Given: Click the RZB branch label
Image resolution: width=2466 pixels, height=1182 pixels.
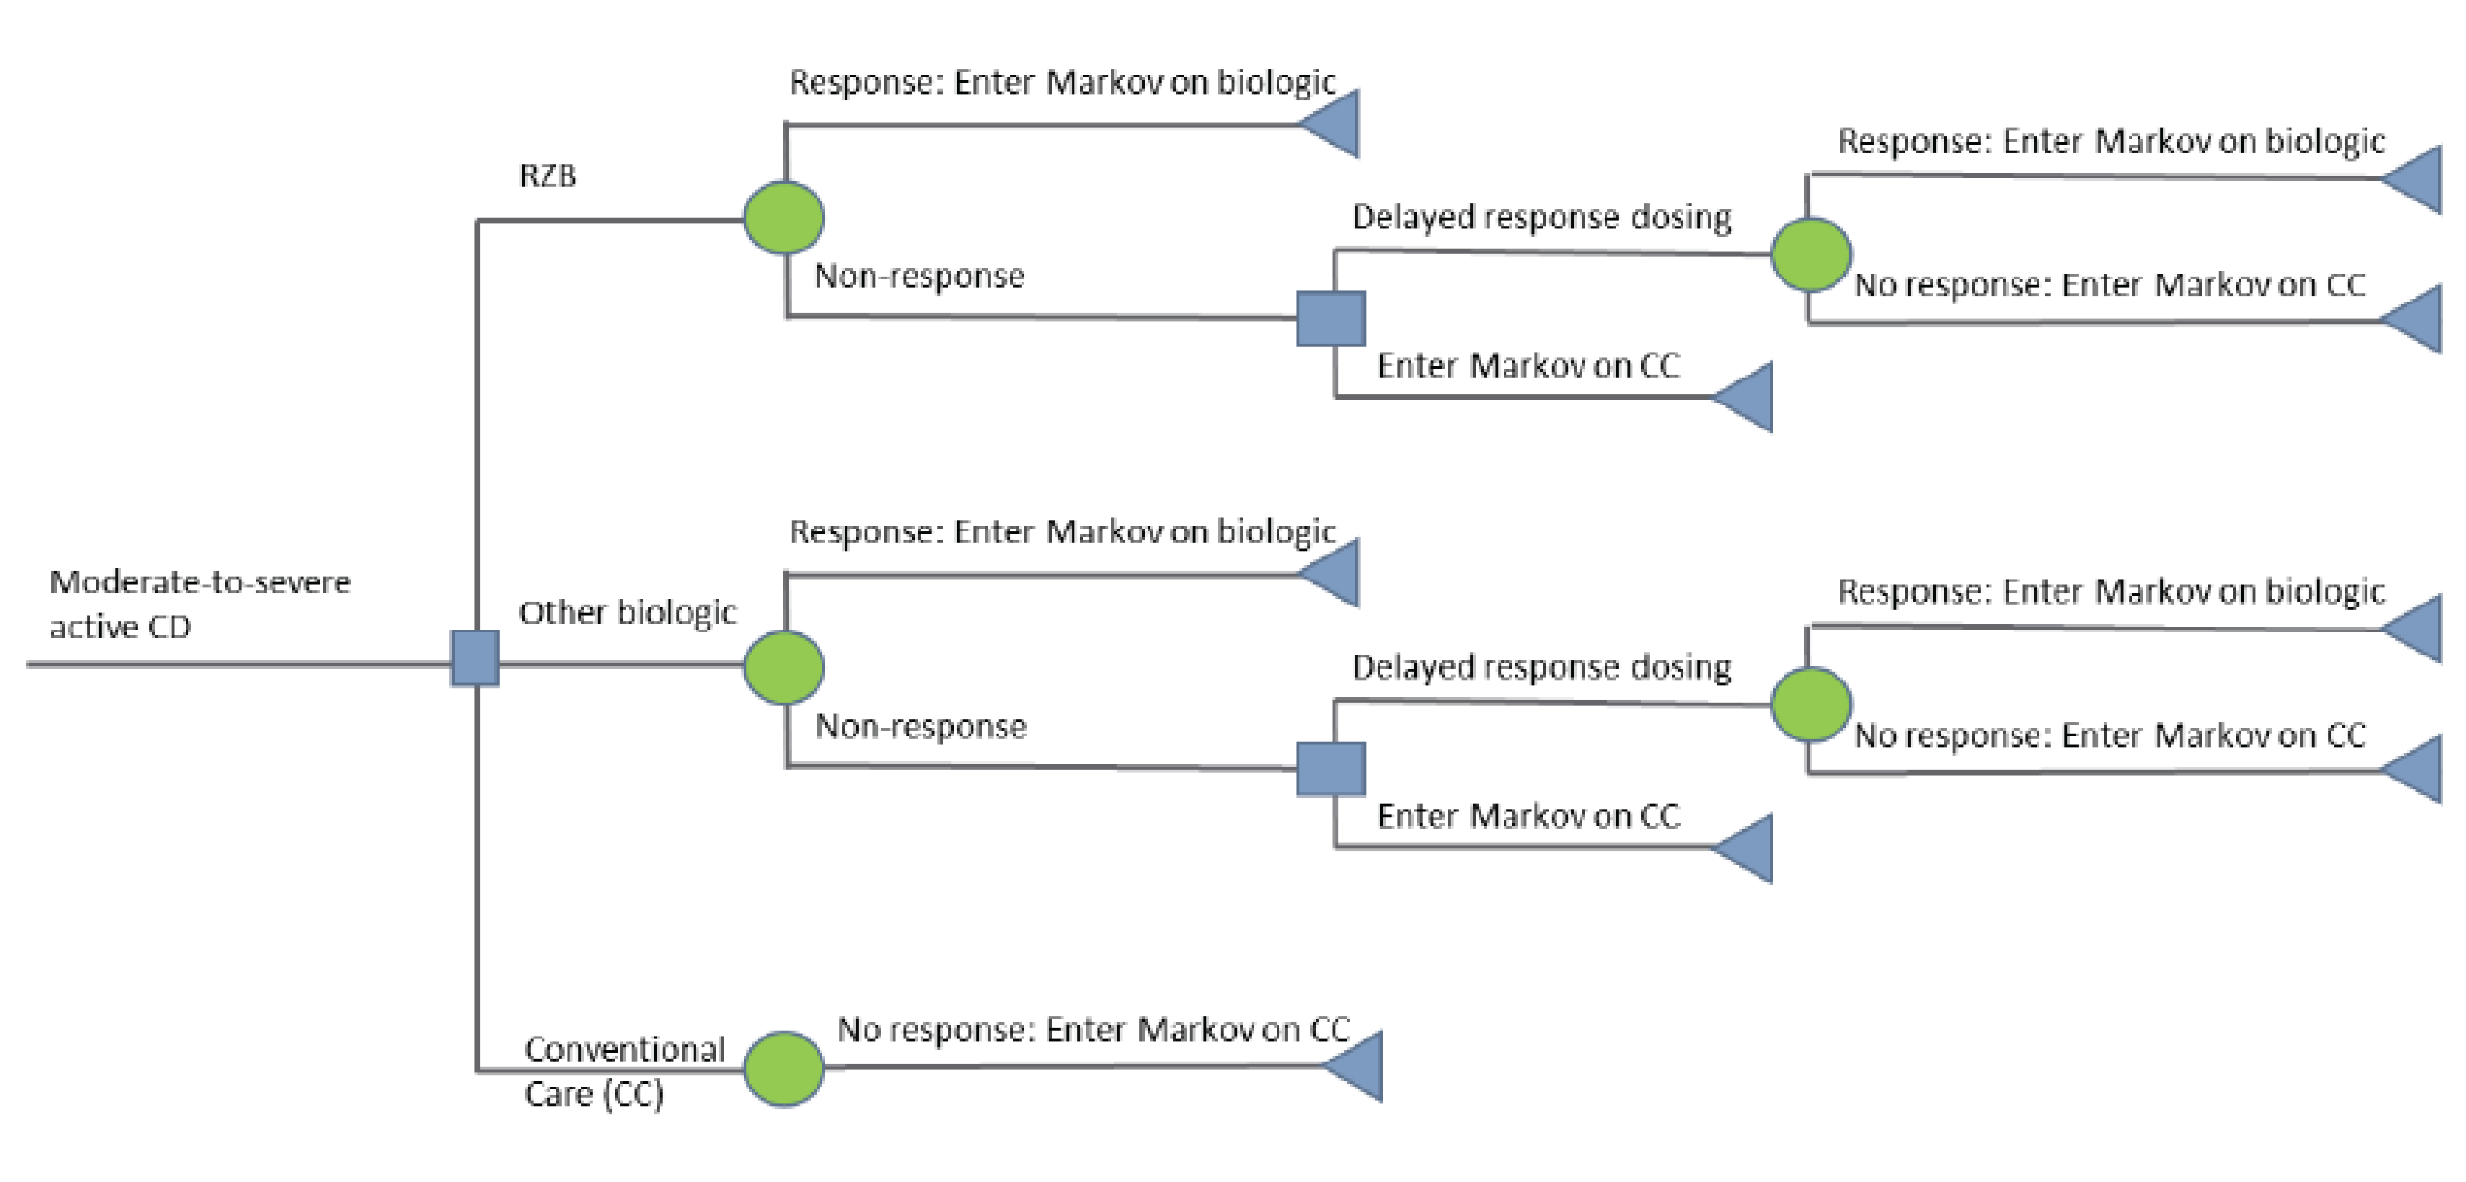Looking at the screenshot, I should coord(547,176).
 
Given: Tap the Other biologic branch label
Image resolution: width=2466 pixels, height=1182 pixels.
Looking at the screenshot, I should coord(627,613).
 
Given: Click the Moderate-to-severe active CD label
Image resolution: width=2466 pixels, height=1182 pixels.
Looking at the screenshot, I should coord(199,604).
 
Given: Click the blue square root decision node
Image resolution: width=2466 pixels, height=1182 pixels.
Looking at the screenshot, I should coord(475,659).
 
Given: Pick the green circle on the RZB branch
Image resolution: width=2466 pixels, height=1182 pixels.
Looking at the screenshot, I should coord(784,217).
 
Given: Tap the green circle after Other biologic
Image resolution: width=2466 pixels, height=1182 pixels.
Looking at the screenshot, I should coord(784,667).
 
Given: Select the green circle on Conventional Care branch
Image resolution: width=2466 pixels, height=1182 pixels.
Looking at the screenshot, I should coord(784,1069).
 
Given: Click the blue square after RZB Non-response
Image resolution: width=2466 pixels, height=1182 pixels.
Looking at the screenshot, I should coord(1330,319).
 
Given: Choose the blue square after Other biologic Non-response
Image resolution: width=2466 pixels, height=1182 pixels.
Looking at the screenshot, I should coord(1330,768).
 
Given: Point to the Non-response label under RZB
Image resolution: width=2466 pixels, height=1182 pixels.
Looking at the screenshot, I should coord(919,277).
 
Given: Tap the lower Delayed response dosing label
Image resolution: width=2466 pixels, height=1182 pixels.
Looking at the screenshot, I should coord(1542,668).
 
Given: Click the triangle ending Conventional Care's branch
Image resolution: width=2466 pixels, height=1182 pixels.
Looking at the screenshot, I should coord(1358,1066).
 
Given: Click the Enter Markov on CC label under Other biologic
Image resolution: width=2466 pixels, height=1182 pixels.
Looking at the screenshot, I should coord(1528,817).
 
